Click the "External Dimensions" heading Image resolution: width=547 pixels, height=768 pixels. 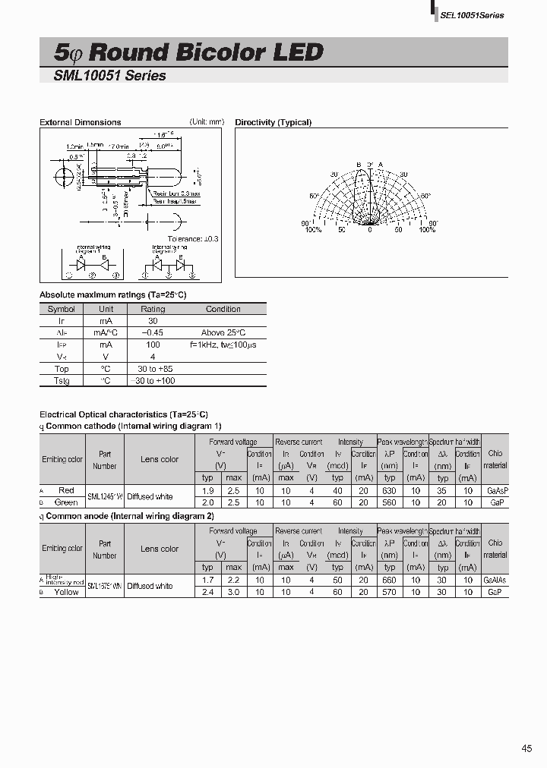coord(80,122)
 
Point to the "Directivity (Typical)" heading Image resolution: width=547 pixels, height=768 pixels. coord(273,122)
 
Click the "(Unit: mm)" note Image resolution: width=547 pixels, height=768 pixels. coord(207,121)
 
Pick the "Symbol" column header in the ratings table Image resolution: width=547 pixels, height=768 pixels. coord(62,309)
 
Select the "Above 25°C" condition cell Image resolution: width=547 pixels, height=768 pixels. coord(223,333)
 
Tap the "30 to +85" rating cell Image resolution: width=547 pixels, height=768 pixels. coord(153,368)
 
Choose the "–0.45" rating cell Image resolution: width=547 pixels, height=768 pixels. coord(153,333)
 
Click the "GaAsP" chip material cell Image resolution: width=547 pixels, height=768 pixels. coord(495,491)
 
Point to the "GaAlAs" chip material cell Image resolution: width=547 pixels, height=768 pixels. coord(495,581)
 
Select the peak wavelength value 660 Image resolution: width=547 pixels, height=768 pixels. coord(390,581)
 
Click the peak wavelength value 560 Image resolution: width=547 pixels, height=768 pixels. coord(390,502)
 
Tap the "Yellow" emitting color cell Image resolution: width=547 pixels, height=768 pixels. coord(66,592)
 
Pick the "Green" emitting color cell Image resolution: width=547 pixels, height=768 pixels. coord(66,502)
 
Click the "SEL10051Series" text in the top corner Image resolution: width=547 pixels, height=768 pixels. coord(472,15)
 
